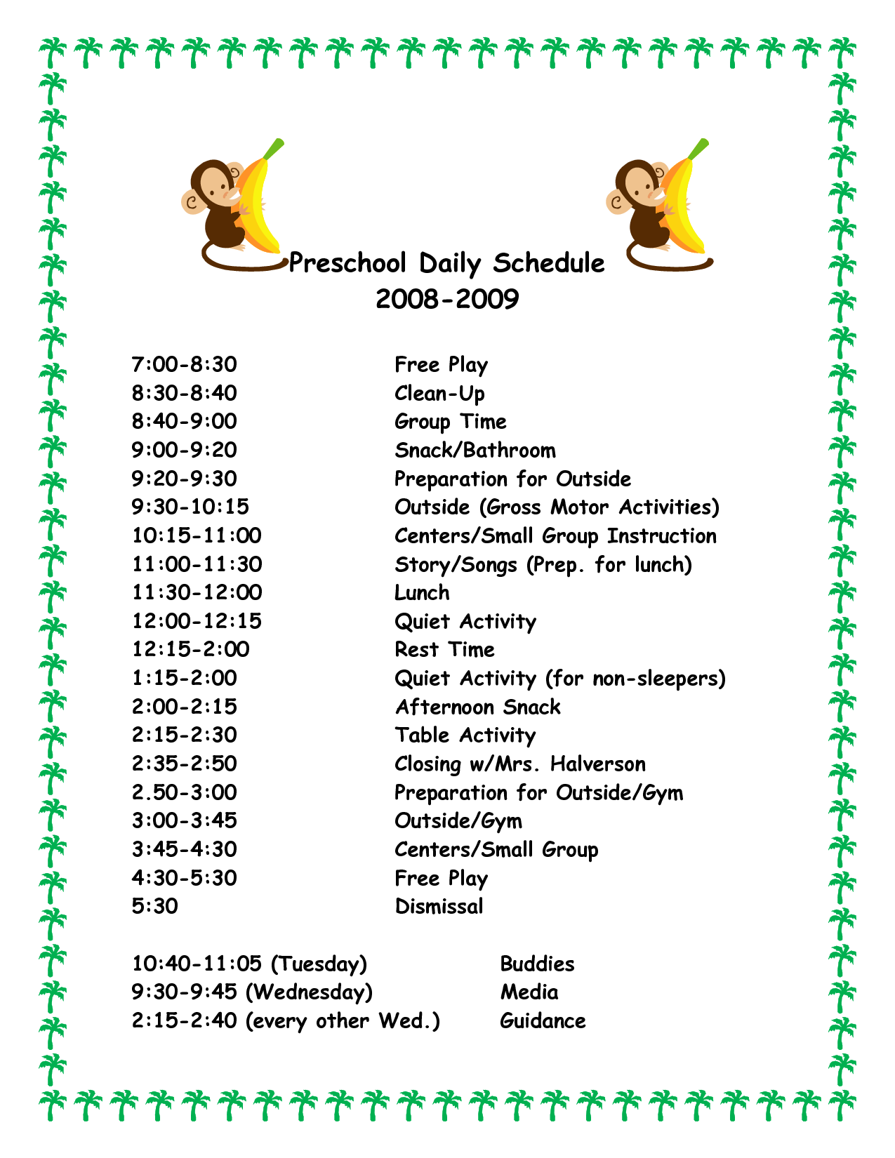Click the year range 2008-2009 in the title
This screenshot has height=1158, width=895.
click(x=447, y=300)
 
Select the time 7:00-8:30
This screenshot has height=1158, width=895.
click(x=185, y=365)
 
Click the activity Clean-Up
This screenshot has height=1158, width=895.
click(x=439, y=394)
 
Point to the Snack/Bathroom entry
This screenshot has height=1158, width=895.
click(x=475, y=451)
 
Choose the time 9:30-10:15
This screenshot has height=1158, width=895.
click(x=190, y=507)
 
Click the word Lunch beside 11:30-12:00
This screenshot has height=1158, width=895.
click(x=422, y=593)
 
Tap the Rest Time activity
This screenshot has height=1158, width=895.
click(x=444, y=650)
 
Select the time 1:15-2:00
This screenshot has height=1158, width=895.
click(x=185, y=679)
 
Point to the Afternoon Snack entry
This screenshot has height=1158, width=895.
click(x=477, y=707)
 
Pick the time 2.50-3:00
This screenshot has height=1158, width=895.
click(x=185, y=793)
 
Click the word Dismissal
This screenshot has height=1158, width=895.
click(x=439, y=907)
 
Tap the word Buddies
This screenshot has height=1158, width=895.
click(x=537, y=964)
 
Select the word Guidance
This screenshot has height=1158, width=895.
click(x=543, y=1021)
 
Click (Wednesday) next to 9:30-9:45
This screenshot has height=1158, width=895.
click(x=310, y=993)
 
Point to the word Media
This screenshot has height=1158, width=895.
click(x=529, y=993)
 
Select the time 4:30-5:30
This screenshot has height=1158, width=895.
click(x=185, y=879)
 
